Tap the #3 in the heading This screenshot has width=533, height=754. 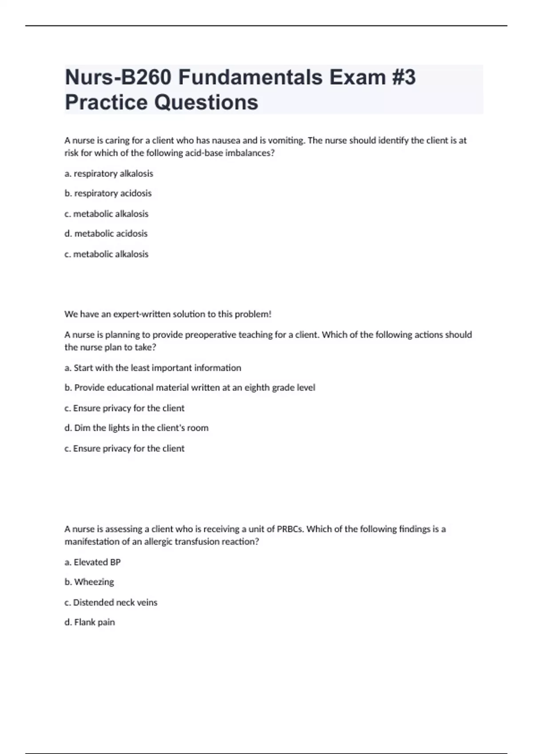(x=404, y=78)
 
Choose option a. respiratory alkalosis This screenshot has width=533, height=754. (x=109, y=173)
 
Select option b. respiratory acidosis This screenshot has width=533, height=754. (x=108, y=193)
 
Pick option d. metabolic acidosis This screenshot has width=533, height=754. (x=106, y=234)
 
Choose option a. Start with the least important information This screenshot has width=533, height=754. (x=153, y=368)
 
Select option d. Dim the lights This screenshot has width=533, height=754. (x=136, y=428)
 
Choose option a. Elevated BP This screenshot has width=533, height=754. (x=92, y=562)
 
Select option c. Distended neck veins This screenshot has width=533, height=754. (x=111, y=603)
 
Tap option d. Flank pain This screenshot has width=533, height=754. (x=90, y=622)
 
